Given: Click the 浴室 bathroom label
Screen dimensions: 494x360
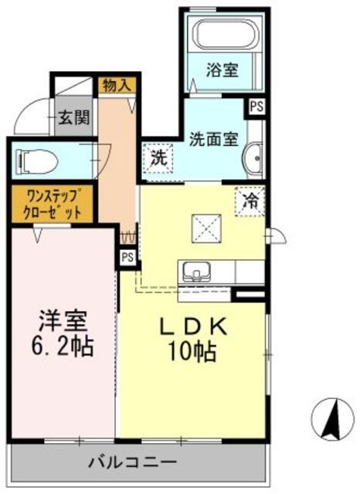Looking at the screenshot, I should pyautogui.click(x=222, y=70).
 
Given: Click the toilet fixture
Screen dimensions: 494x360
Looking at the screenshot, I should pyautogui.click(x=35, y=161).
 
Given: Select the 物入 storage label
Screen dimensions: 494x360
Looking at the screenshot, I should pyautogui.click(x=116, y=85).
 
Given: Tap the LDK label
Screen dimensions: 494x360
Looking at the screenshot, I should pyautogui.click(x=193, y=328).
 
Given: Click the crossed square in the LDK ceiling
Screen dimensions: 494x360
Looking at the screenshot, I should pyautogui.click(x=206, y=228).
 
